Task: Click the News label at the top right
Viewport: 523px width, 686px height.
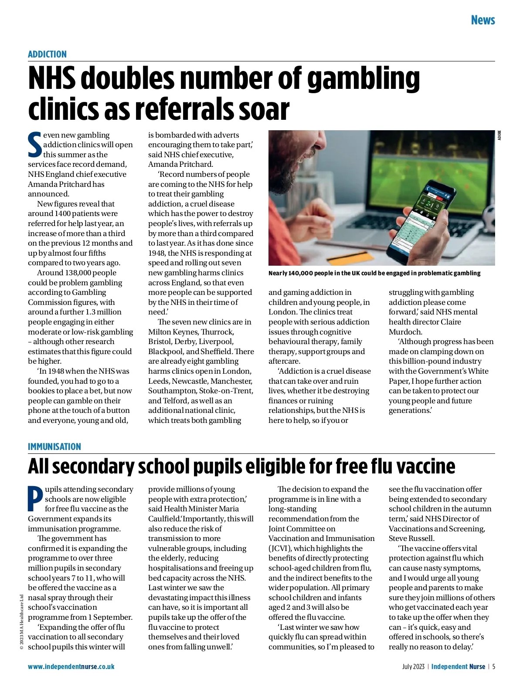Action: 482,20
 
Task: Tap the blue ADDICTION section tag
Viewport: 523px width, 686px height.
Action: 47,54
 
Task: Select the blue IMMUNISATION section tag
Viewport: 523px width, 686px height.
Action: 54,447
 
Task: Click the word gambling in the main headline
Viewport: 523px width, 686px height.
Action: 363,79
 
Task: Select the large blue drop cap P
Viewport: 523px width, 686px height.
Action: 35,498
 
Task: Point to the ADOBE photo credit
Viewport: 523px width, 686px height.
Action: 499,135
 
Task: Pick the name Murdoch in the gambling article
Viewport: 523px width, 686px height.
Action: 405,332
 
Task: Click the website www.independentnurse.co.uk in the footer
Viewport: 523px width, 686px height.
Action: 71,666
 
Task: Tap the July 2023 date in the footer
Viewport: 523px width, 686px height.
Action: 413,666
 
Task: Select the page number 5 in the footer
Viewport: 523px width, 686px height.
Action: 494,666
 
